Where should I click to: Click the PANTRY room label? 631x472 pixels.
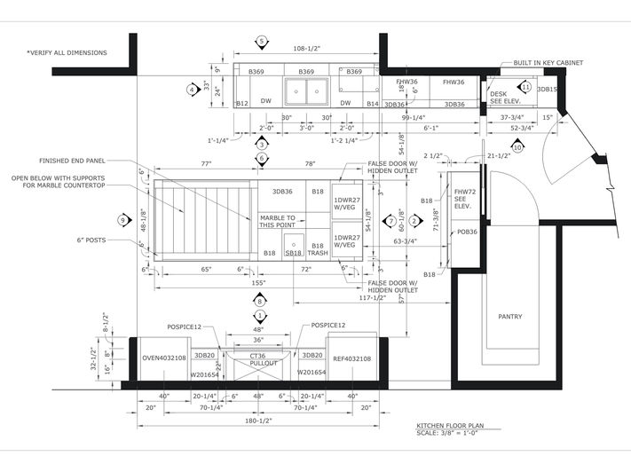pyautogui.click(x=509, y=317)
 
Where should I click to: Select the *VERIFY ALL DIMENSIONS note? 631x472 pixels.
pyautogui.click(x=67, y=53)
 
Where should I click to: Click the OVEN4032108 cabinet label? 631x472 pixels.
pyautogui.click(x=164, y=358)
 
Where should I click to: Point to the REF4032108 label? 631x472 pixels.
pyautogui.click(x=352, y=358)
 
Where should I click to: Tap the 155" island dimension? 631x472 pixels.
pyautogui.click(x=258, y=283)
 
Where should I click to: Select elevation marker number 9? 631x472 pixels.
pyautogui.click(x=123, y=220)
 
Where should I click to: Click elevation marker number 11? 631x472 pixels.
pyautogui.click(x=525, y=88)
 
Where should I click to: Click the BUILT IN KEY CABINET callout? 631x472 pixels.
pyautogui.click(x=540, y=64)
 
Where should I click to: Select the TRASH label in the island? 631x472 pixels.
pyautogui.click(x=318, y=253)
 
